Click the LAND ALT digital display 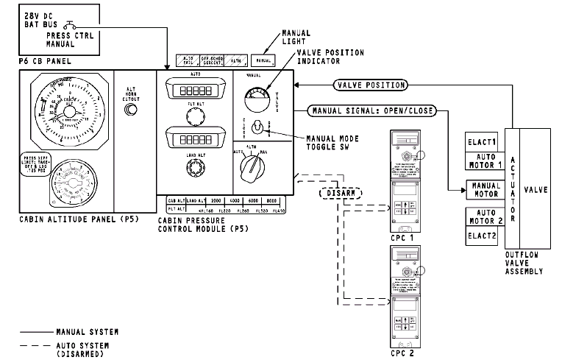[x=195, y=137]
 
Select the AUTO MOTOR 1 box [x=485, y=160]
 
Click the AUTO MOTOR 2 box [x=485, y=218]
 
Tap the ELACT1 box [x=485, y=141]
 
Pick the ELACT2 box [x=485, y=237]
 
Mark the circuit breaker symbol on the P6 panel [x=74, y=28]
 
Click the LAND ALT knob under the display [x=195, y=169]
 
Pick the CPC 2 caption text [x=402, y=352]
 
